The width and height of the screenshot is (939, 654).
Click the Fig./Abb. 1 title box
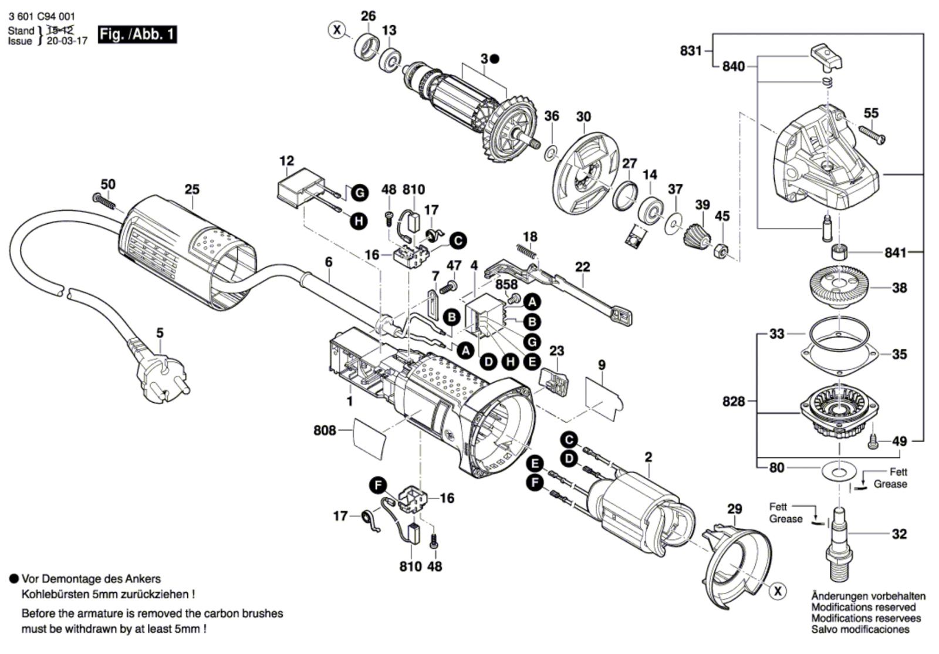tap(137, 34)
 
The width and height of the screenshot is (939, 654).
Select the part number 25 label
tap(192, 190)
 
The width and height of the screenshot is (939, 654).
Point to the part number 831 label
tap(691, 51)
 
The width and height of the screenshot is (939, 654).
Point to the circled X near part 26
tap(336, 29)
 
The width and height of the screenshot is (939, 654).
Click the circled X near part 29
tap(778, 591)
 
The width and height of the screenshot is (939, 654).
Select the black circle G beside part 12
tap(359, 193)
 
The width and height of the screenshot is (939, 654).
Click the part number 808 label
tap(325, 430)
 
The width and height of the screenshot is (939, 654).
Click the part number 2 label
tap(648, 457)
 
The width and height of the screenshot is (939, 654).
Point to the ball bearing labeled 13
tap(389, 58)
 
